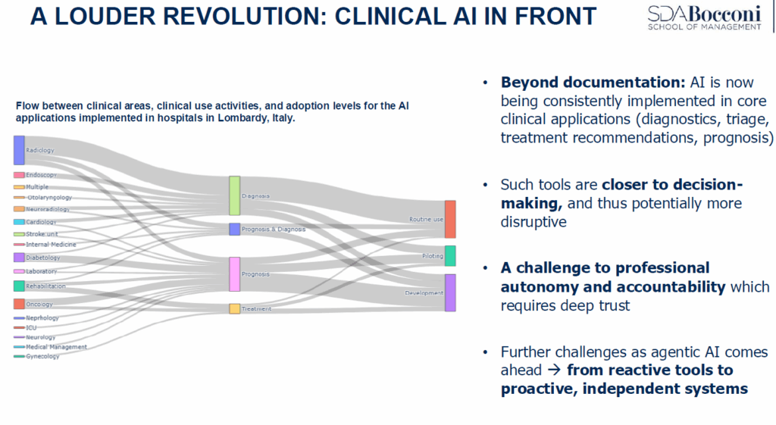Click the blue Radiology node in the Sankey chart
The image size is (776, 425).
pyautogui.click(x=19, y=150)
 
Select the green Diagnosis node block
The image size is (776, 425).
pyautogui.click(x=235, y=195)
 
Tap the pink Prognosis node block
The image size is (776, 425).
pyautogui.click(x=235, y=273)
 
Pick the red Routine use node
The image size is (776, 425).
pyautogui.click(x=450, y=219)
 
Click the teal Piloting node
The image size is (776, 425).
pyautogui.click(x=450, y=256)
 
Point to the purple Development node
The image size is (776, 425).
pyautogui.click(x=450, y=292)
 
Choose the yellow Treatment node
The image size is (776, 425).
pyautogui.click(x=235, y=309)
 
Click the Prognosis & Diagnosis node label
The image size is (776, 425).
pyautogui.click(x=274, y=229)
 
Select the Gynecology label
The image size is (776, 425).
pyautogui.click(x=42, y=356)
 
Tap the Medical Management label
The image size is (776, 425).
pyautogui.click(x=56, y=347)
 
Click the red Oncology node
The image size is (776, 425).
pyautogui.click(x=19, y=304)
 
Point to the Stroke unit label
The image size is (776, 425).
pyautogui.click(x=42, y=234)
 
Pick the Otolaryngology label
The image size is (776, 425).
pyautogui.click(x=49, y=198)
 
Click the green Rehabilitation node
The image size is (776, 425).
pyautogui.click(x=19, y=286)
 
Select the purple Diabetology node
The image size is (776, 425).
pyautogui.click(x=19, y=258)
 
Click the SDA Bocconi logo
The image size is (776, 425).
pyautogui.click(x=704, y=17)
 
